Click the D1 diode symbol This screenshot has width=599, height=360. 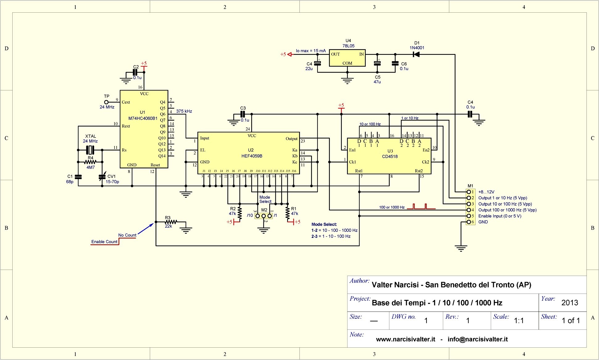(x=416, y=54)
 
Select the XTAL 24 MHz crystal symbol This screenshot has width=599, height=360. (x=90, y=150)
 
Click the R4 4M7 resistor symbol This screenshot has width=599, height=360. (x=90, y=162)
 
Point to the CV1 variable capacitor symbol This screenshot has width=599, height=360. (x=102, y=177)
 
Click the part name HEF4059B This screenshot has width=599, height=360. (x=252, y=156)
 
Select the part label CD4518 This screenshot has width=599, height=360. (x=390, y=156)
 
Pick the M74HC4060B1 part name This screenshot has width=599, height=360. (x=143, y=118)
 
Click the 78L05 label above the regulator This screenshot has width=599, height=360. (x=348, y=46)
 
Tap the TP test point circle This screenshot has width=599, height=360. (x=106, y=102)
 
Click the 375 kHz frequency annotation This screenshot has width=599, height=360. (x=184, y=111)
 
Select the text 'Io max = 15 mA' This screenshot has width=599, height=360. (x=311, y=51)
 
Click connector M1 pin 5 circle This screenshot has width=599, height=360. (x=469, y=216)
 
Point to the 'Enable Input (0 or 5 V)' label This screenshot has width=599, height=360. (x=500, y=216)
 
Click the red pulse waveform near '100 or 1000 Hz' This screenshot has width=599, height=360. (x=421, y=206)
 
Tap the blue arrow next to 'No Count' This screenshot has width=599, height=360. (x=145, y=229)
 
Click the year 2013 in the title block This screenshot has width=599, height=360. (x=570, y=303)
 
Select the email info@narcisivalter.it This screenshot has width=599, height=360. (x=477, y=339)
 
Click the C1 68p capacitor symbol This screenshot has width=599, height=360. (x=78, y=177)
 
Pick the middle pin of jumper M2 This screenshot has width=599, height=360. (x=264, y=216)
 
